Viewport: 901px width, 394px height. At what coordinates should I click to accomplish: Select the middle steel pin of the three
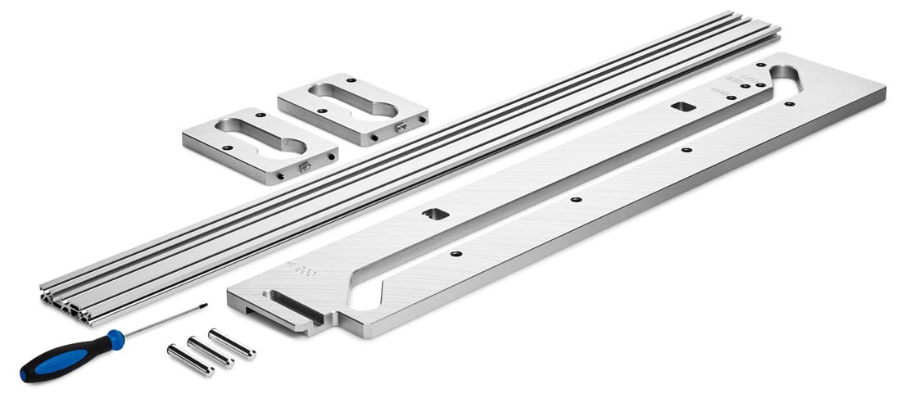211,351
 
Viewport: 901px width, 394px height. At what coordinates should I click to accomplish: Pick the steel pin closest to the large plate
232,343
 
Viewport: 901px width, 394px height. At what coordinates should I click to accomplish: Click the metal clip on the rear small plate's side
401,127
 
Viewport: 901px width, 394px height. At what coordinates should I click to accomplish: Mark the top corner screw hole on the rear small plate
351,79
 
